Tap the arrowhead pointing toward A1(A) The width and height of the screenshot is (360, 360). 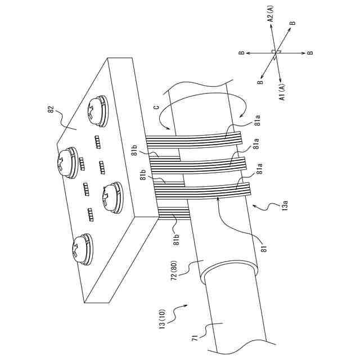pos(280,76)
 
